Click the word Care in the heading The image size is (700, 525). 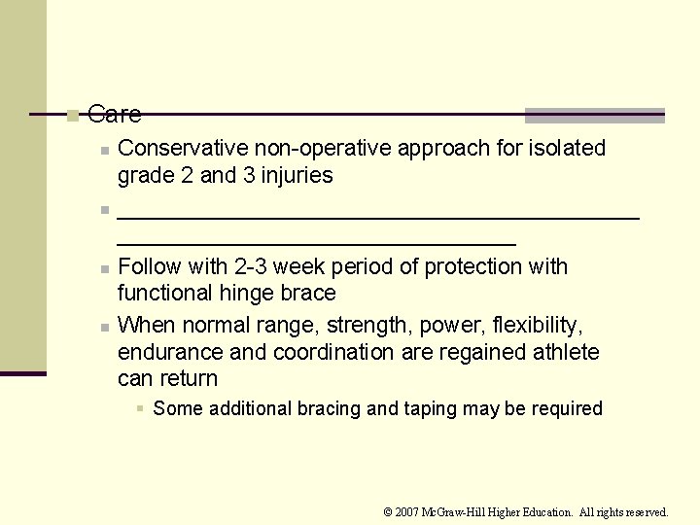coord(114,115)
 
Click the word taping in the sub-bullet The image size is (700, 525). coord(430,409)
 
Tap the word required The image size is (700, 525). coord(565,409)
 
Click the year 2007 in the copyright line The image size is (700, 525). coord(407,512)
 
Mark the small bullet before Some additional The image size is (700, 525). coord(141,409)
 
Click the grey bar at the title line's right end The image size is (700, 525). coord(594,116)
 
